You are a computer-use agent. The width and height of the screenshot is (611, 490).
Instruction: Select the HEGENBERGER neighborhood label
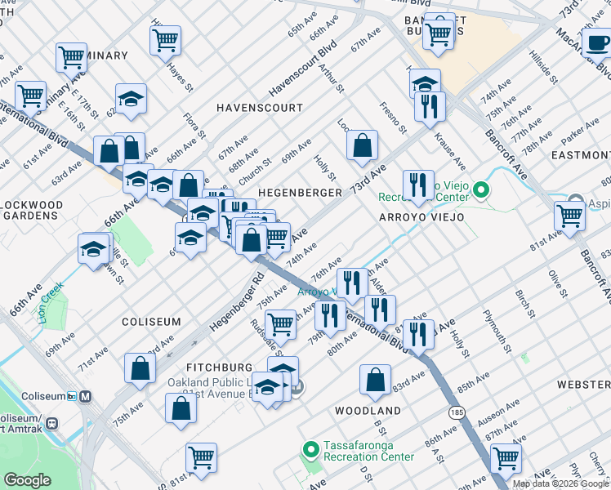[300, 192]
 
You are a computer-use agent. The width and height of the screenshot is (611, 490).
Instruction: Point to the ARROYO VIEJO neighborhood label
[421, 217]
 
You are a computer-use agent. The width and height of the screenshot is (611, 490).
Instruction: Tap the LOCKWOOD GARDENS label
[32, 210]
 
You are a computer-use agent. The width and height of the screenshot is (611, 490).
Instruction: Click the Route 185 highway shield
[457, 413]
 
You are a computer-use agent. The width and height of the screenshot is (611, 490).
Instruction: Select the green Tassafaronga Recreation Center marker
[310, 449]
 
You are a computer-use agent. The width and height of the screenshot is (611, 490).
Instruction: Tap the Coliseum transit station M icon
[86, 396]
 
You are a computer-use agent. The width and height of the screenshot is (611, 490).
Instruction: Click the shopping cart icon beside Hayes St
[166, 40]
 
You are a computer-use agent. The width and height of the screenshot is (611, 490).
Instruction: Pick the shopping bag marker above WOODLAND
[375, 380]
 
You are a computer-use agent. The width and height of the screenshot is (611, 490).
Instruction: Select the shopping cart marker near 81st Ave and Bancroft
[569, 216]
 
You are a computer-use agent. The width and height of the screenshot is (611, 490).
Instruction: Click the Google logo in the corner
[27, 480]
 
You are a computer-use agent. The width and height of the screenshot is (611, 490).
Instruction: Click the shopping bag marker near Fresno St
[362, 146]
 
